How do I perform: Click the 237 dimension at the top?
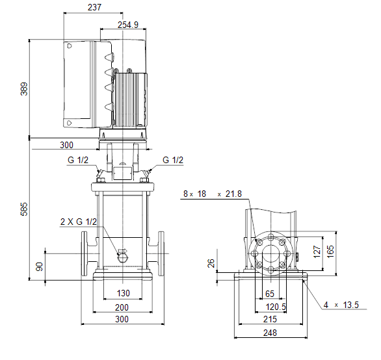[x=94, y=7]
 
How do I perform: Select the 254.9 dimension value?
[x=128, y=25]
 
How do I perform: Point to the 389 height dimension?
[x=24, y=89]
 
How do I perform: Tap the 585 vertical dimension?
[x=24, y=209]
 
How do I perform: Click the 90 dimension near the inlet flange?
[x=40, y=266]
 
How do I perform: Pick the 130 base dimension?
[x=123, y=293]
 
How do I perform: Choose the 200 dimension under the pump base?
[x=122, y=307]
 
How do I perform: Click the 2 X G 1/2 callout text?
[x=79, y=222]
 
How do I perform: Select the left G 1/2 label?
[x=78, y=160]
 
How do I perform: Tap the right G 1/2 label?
[x=173, y=160]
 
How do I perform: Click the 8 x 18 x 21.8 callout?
[x=213, y=194]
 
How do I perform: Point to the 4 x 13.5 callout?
[x=341, y=305]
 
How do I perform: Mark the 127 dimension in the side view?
[x=317, y=251]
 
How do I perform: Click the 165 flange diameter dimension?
[x=330, y=251]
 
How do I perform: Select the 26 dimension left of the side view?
[x=211, y=263]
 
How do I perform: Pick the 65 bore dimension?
[x=270, y=294]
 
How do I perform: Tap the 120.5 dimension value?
[x=276, y=307]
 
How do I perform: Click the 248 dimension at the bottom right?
[x=270, y=333]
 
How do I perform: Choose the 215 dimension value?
[x=270, y=319]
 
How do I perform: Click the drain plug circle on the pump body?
[x=123, y=258]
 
